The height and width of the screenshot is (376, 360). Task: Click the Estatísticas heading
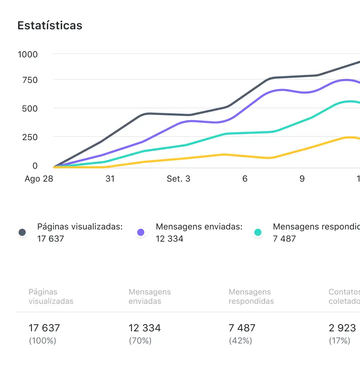tap(50, 26)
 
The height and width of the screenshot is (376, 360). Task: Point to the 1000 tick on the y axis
tap(28, 54)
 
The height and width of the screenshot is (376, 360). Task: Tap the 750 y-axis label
tap(30, 80)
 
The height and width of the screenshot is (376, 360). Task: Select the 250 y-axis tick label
tap(30, 137)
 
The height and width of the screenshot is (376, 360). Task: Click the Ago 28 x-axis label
tap(39, 179)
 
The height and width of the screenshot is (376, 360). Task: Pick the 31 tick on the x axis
tap(110, 179)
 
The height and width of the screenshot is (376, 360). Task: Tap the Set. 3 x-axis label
tap(179, 179)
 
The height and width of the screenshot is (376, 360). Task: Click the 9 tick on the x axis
tap(302, 179)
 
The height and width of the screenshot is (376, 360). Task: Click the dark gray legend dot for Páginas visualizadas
tap(22, 233)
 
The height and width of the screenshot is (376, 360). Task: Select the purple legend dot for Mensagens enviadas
tap(141, 233)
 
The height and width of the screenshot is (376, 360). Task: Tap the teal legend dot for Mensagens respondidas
tap(258, 233)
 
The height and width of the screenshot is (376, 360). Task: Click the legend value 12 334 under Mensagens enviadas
tap(170, 239)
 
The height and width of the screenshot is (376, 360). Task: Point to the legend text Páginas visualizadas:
tap(80, 227)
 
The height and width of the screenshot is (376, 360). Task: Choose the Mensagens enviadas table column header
tap(150, 297)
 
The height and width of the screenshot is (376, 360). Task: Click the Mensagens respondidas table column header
tap(251, 297)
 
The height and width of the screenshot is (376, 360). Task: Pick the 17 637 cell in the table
tap(44, 328)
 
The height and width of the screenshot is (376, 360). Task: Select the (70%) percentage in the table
tap(140, 341)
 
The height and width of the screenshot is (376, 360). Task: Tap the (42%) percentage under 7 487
tap(240, 341)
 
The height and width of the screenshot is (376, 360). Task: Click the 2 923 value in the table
tap(342, 328)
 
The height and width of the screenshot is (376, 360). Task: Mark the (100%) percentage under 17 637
tap(42, 341)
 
